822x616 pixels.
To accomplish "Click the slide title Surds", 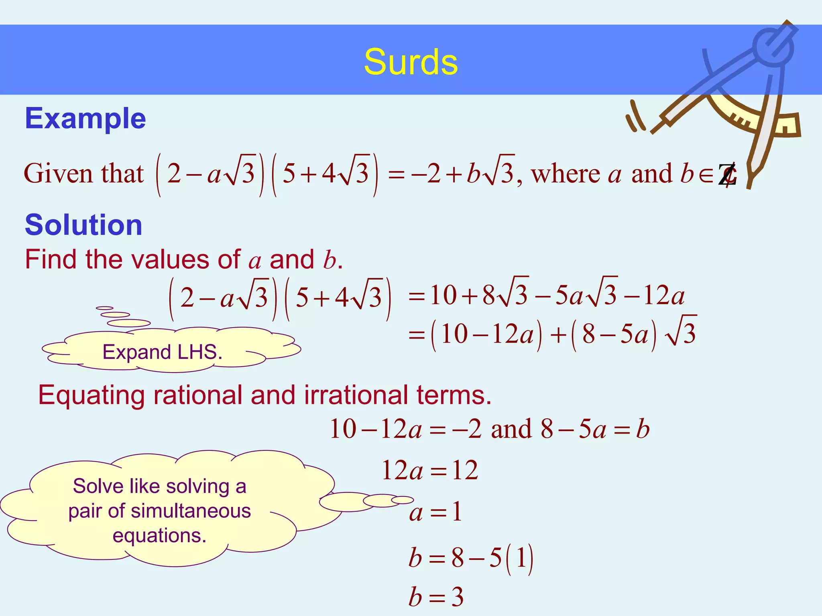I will (411, 62).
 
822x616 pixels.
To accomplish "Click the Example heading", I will (85, 119).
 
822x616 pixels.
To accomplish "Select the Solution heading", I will (83, 225).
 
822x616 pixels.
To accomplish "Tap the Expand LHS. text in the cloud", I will (162, 352).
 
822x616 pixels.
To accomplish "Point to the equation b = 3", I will (436, 597).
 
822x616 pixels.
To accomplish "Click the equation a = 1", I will (435, 512).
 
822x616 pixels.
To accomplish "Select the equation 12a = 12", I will (429, 470).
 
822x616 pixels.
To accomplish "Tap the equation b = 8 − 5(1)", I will (470, 558).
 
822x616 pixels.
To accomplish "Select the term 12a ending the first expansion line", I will (664, 296).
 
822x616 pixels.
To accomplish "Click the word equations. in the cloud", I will (159, 536).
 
